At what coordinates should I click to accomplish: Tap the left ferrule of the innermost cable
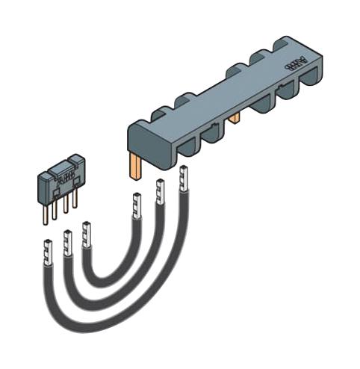click(87, 235)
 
